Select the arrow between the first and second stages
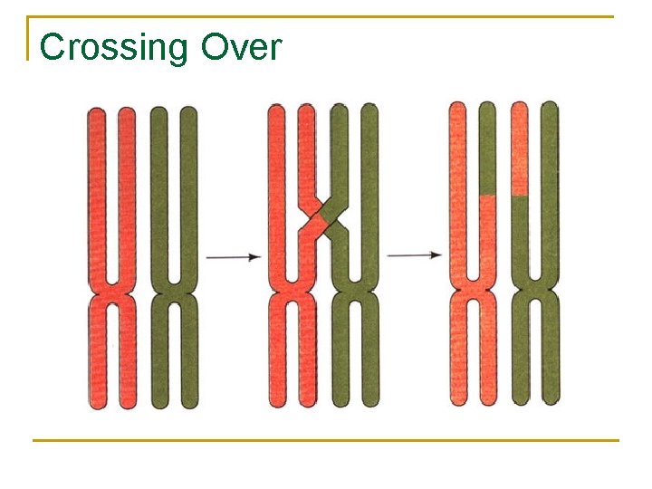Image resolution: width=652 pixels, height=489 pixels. point(234,258)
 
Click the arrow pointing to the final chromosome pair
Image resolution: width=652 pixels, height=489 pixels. point(414,256)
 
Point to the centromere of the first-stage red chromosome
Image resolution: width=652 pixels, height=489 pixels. point(112,293)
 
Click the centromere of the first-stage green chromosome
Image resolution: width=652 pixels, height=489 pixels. point(174,293)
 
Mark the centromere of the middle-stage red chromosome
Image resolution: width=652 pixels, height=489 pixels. point(292,293)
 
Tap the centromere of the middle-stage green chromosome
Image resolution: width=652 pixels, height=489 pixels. point(354,293)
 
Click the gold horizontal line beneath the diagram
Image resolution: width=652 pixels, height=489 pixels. point(326,441)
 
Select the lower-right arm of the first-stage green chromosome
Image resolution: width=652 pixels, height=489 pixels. point(188,362)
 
